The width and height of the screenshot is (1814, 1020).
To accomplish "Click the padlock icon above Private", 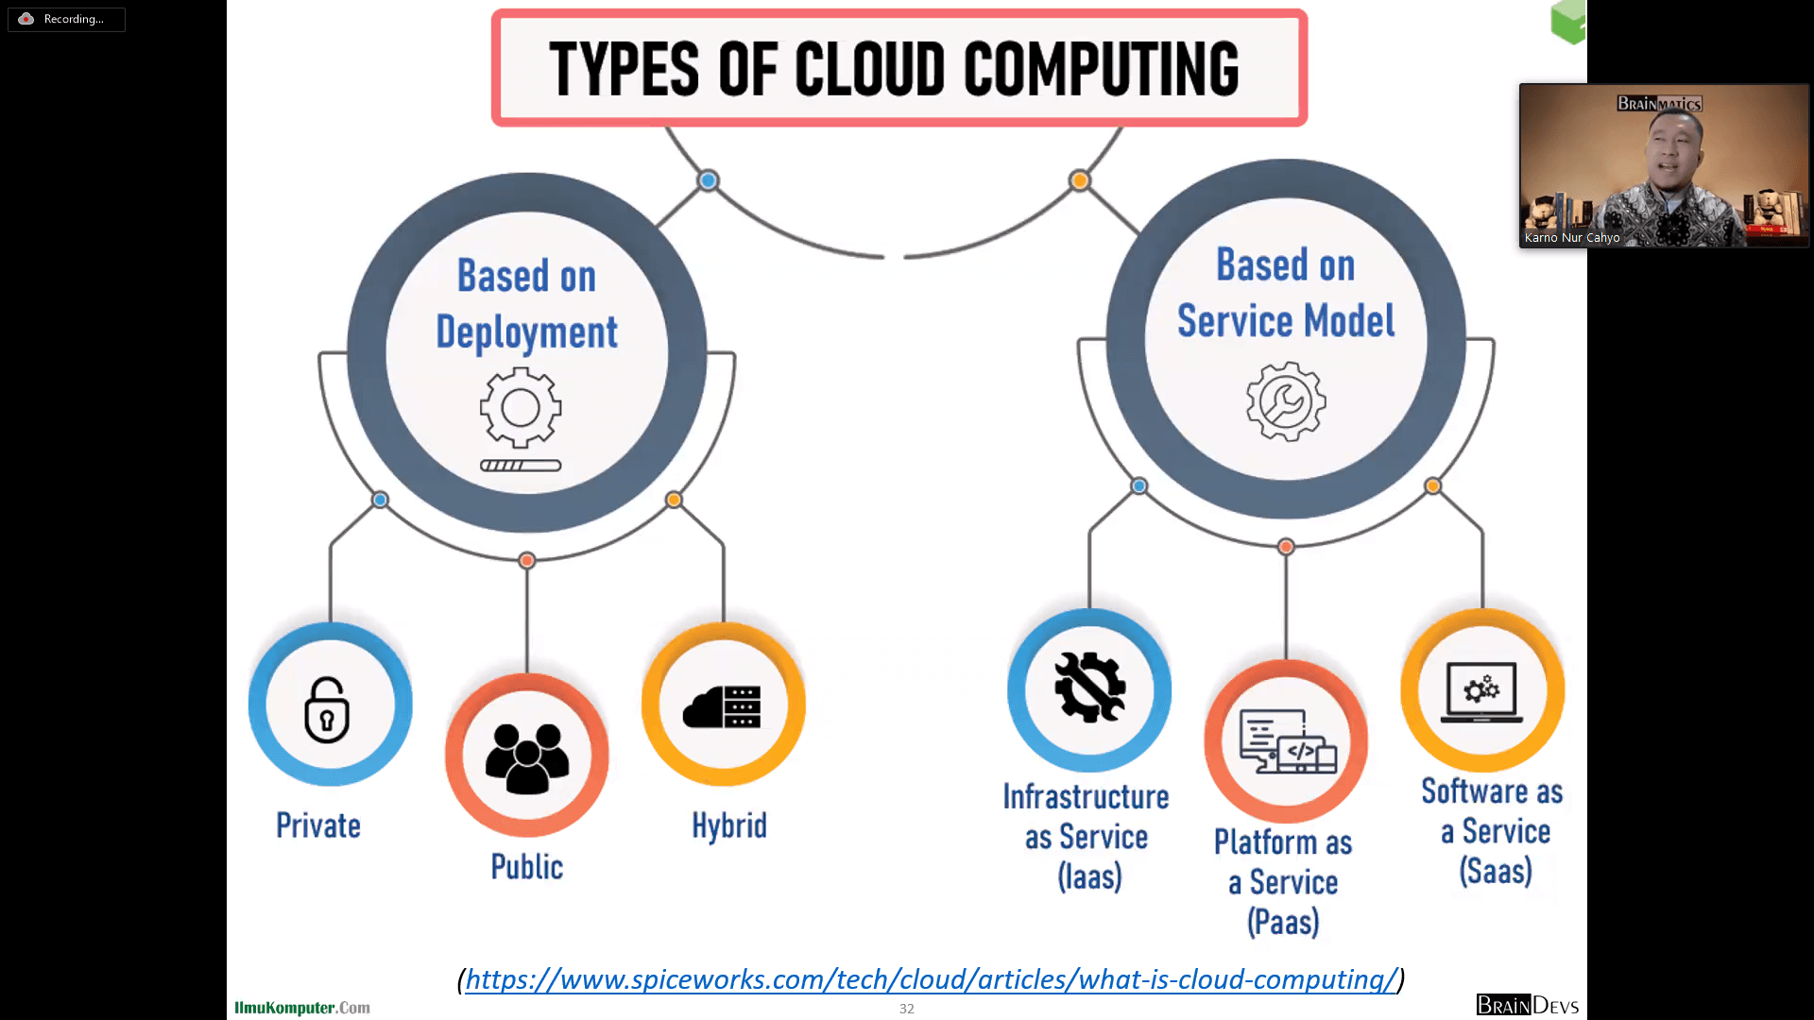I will [x=327, y=709].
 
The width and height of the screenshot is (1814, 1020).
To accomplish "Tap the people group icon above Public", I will [x=527, y=757].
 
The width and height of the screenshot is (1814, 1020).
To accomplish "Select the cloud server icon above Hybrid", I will [x=723, y=706].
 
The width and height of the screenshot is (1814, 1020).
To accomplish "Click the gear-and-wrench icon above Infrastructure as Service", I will [x=1089, y=688].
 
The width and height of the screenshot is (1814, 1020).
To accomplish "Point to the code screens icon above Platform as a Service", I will [x=1287, y=742].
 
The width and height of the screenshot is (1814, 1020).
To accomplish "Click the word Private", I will [x=318, y=825].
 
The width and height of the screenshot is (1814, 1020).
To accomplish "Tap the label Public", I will [x=526, y=867].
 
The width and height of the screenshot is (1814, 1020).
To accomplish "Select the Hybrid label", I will [x=728, y=825].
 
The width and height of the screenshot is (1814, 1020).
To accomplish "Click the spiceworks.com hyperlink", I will [x=931, y=979].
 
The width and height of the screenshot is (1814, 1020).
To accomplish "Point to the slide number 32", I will [x=906, y=1009].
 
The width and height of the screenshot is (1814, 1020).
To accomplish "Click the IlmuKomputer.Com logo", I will [x=302, y=1008].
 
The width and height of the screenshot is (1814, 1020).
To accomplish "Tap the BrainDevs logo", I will [x=1527, y=1005].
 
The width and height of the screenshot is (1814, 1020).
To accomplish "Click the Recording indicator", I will [x=66, y=19].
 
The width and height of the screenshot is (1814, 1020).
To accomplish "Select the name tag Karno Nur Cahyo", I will [x=1572, y=238].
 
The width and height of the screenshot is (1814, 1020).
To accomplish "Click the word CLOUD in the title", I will [x=869, y=69].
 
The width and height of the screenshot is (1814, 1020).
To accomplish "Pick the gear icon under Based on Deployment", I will [x=521, y=407].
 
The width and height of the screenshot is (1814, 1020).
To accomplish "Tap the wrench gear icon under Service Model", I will [x=1286, y=401].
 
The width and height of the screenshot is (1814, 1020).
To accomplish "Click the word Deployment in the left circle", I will [x=526, y=332].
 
